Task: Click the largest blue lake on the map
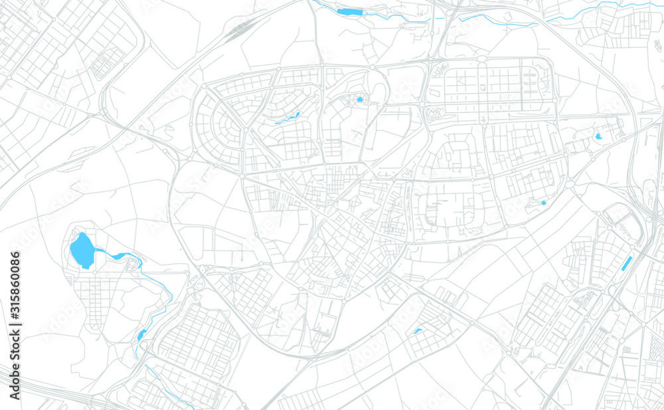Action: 81,250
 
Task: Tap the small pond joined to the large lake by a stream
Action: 118,256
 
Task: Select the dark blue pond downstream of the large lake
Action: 141,335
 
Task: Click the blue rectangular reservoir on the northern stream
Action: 350,11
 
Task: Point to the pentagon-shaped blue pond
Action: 361,100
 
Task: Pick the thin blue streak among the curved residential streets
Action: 288,118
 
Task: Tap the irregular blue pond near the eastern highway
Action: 599,136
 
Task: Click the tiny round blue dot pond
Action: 543,203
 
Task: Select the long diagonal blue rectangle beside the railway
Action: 626,263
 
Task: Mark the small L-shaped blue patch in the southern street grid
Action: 417,330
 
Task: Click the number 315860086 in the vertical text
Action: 15,286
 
